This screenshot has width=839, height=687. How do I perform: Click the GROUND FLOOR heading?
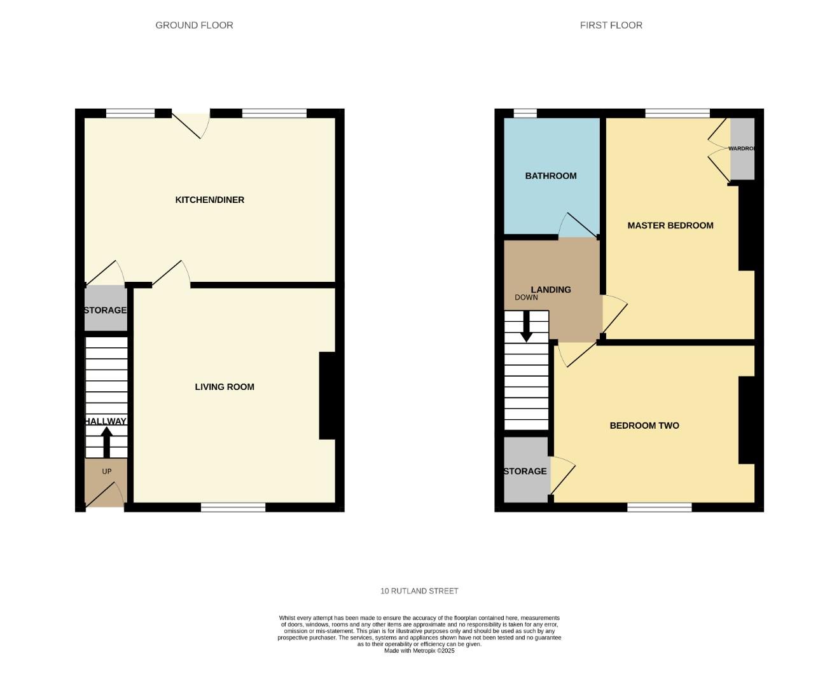pos(194,25)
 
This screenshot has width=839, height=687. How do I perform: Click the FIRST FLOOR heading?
pos(611,25)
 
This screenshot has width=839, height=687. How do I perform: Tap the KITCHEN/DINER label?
pos(209,200)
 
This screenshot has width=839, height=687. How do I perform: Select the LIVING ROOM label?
pos(224,387)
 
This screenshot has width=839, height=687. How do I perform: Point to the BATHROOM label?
pos(550,176)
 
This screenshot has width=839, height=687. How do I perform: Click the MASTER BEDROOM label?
pos(670,225)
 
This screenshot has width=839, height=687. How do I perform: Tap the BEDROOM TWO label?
pos(644,426)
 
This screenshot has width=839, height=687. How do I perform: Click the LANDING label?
pos(550,289)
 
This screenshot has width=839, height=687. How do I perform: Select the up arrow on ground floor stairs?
pos(106,441)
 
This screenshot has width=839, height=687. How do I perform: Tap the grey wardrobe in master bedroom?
pos(742,149)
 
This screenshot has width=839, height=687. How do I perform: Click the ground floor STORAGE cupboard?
pos(106,310)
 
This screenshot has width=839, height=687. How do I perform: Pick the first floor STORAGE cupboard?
pos(525,471)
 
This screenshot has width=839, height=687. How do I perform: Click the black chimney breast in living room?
pos(327,396)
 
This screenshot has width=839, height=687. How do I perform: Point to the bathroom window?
pos(525,113)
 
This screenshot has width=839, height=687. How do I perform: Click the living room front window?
pos(233,507)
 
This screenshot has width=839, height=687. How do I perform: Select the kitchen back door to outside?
pos(191,124)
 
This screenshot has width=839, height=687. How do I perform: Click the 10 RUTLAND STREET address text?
pos(419,591)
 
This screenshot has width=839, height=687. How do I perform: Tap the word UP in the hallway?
pos(106,471)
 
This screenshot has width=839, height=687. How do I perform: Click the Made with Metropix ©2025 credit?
pos(419,651)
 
